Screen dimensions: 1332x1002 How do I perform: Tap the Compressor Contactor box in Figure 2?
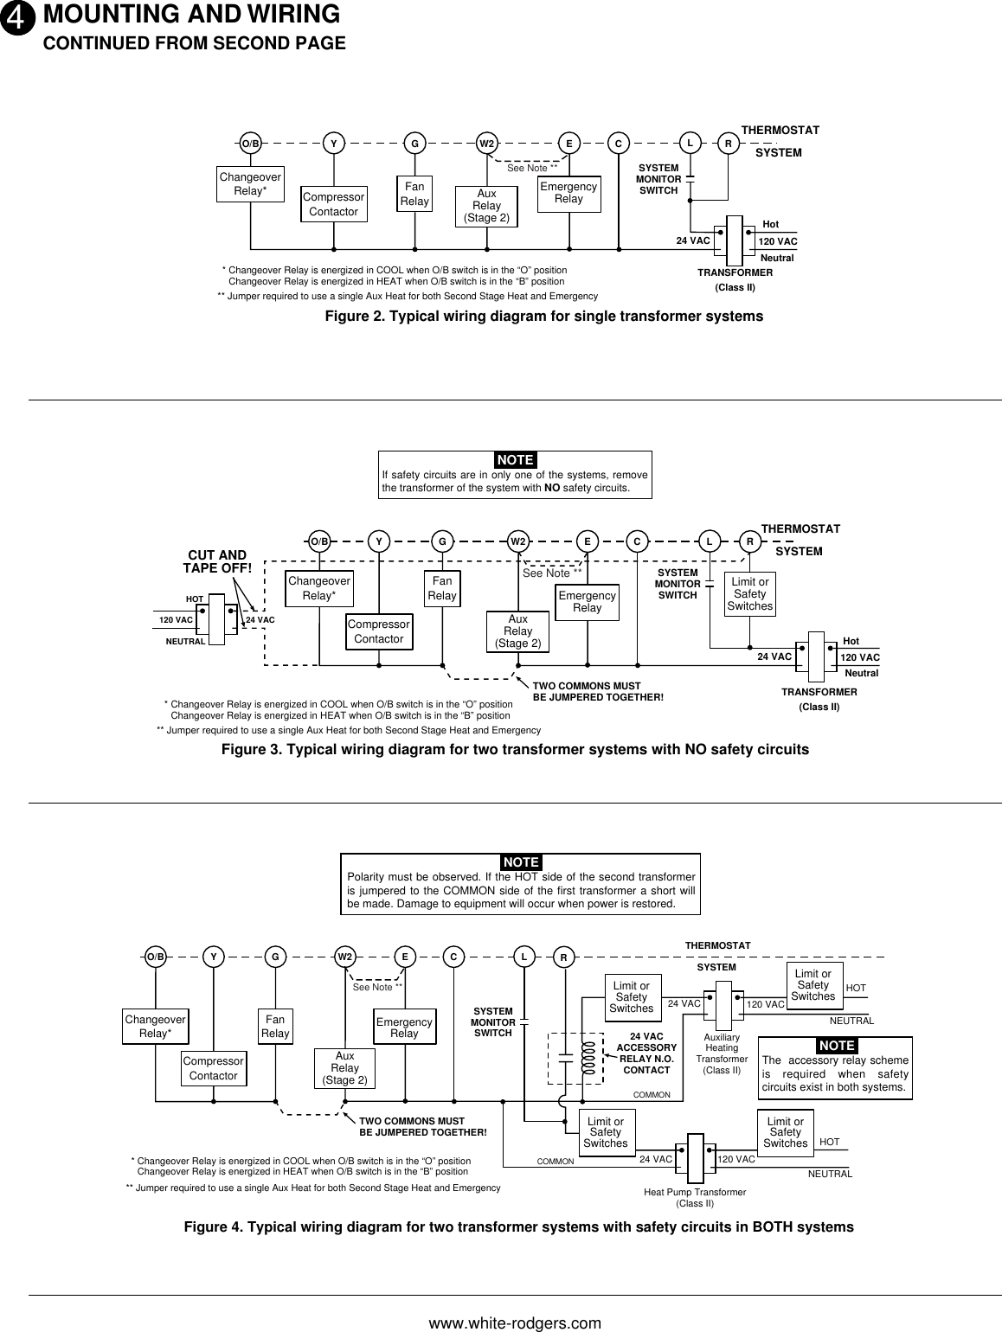pos(333,204)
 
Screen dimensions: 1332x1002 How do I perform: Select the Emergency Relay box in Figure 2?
pos(568,193)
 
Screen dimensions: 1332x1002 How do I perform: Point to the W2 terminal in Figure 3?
pos(517,541)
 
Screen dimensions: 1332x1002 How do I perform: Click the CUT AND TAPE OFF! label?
pos(217,561)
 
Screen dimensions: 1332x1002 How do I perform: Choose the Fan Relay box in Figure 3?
pos(442,588)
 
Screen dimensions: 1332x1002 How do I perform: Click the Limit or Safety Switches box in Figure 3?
pos(749,594)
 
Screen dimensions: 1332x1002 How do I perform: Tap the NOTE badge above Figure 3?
pos(516,459)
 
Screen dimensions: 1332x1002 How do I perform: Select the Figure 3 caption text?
pos(515,749)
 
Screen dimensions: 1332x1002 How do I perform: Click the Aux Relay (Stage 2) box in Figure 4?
pos(344,1068)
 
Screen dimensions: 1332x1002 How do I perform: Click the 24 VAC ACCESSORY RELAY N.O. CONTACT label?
pos(646,1053)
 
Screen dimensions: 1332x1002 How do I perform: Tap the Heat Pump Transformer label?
pos(695,1197)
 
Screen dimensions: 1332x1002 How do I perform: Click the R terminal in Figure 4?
pos(563,958)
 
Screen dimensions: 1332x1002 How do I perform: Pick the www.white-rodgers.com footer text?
pos(516,1323)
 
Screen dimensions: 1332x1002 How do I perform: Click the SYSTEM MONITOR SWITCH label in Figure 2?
pos(658,179)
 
